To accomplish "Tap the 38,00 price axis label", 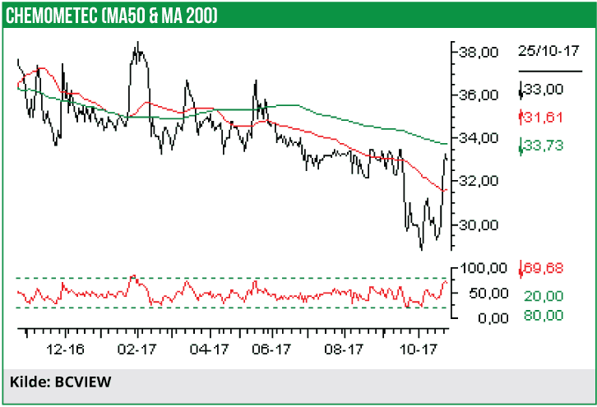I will pos(477,52).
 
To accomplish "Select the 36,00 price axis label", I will pos(477,95).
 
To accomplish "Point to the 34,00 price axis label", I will pos(477,137).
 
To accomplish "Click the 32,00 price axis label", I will pos(477,181).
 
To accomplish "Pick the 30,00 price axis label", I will pos(477,224).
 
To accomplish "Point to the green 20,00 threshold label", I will pos(544,295).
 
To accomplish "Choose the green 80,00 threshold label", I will pos(544,315).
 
